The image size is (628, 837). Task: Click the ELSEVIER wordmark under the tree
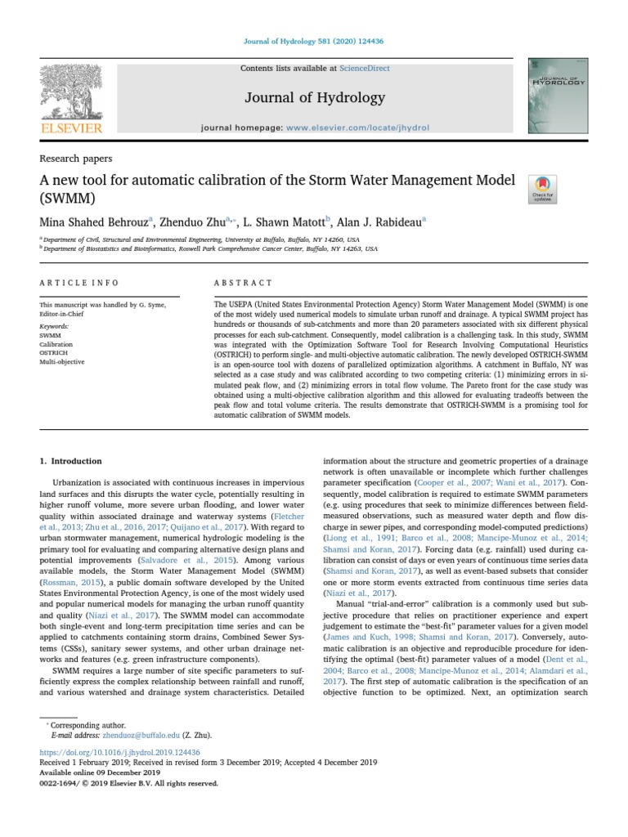click(72, 128)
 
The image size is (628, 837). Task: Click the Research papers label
click(76, 159)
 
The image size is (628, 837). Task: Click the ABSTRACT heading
click(243, 283)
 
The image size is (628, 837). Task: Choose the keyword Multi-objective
click(62, 361)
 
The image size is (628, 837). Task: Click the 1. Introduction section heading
click(71, 461)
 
